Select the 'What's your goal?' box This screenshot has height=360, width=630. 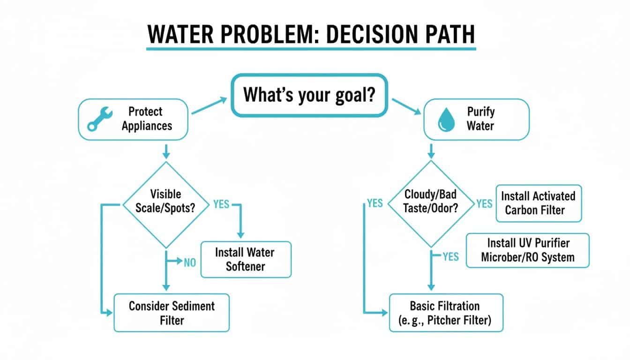tap(309, 95)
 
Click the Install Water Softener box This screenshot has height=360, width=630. tap(246, 259)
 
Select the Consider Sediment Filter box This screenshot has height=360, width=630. tap(172, 313)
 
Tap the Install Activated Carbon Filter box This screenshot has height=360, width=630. tap(538, 202)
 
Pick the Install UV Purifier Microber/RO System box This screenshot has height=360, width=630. tap(527, 250)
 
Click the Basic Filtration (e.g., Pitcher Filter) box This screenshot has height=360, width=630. tap(446, 313)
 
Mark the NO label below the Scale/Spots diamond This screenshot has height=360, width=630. tap(189, 262)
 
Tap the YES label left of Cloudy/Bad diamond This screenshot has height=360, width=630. tap(375, 203)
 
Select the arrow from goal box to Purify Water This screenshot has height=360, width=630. tap(406, 106)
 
